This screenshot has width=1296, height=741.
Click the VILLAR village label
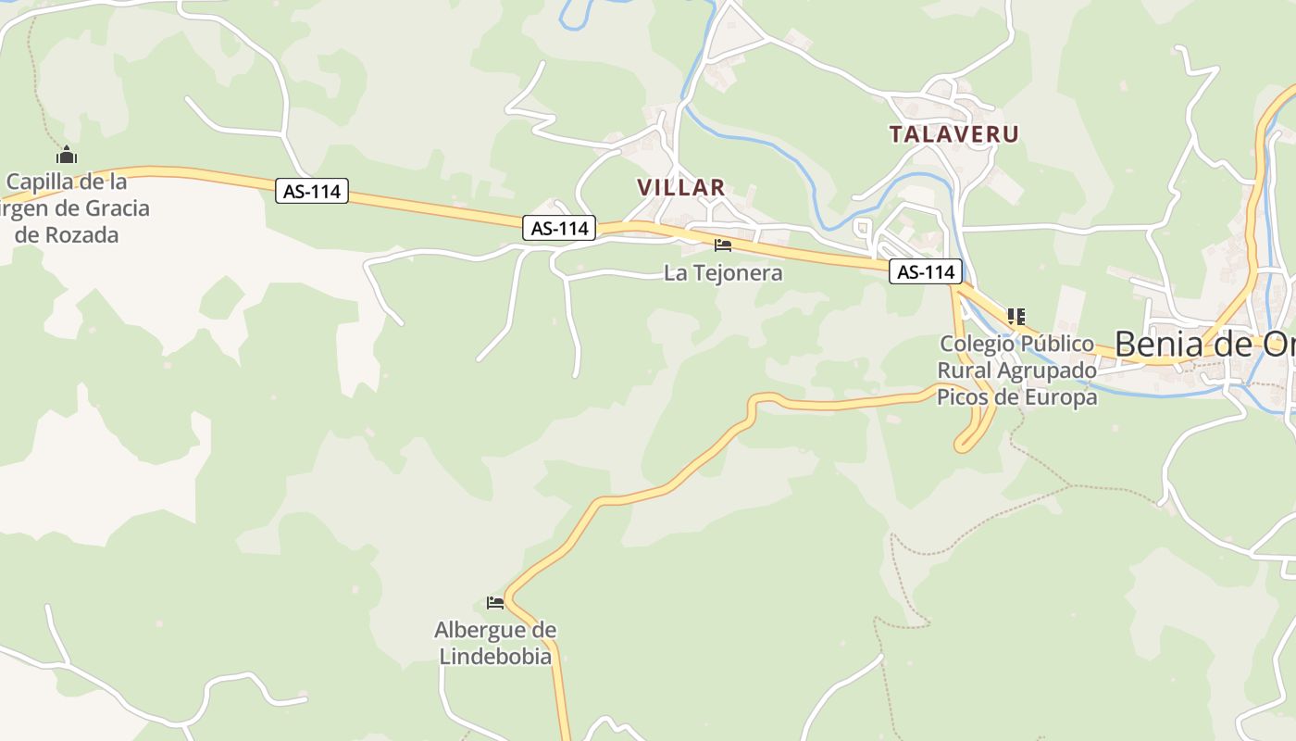click(680, 187)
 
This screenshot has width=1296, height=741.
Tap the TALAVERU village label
click(953, 134)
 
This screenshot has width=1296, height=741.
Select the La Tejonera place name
click(723, 273)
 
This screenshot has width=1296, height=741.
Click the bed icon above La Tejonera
click(723, 245)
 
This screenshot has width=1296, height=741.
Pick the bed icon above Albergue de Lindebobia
click(495, 603)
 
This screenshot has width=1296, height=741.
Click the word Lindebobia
click(495, 657)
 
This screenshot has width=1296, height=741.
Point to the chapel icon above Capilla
click(66, 155)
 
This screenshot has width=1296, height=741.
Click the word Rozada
click(80, 234)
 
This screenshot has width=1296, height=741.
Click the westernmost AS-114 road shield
click(312, 192)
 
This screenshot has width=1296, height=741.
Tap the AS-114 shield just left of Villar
click(559, 228)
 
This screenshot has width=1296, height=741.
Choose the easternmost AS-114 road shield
click(926, 272)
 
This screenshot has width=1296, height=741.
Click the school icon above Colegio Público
click(1016, 317)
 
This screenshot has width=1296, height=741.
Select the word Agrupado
click(1050, 370)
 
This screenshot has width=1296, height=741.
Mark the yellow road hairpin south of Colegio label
click(964, 446)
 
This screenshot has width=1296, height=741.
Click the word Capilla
click(40, 181)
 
